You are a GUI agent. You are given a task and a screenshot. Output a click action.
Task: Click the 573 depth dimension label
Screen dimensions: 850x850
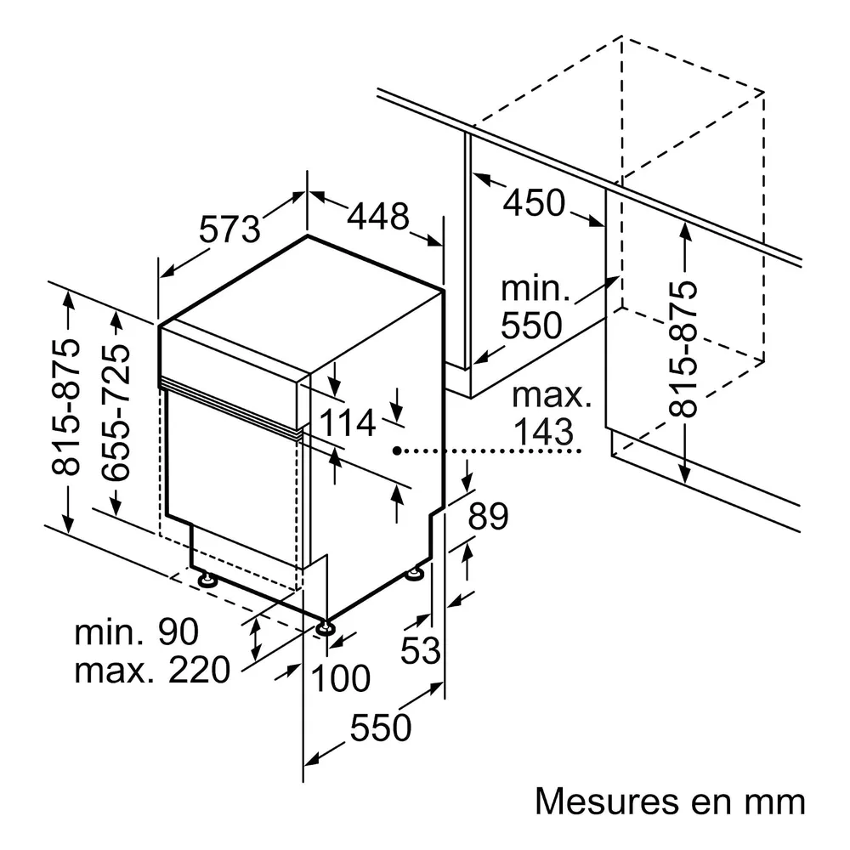(x=229, y=229)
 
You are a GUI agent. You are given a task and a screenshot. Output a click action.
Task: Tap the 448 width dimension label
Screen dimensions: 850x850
(x=378, y=217)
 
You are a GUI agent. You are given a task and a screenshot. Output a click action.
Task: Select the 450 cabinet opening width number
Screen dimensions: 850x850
(x=535, y=203)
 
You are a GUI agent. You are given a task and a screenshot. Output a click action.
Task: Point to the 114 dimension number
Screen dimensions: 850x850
(x=348, y=422)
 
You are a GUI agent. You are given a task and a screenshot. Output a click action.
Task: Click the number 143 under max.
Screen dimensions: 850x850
(x=543, y=432)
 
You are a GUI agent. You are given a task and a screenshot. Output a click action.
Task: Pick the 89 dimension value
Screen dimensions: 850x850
(x=489, y=516)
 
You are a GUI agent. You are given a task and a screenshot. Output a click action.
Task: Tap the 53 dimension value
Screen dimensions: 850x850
(x=420, y=650)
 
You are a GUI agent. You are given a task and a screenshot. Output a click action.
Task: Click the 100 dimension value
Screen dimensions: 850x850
(x=341, y=678)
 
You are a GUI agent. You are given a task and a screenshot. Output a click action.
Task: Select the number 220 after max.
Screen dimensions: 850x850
(x=200, y=671)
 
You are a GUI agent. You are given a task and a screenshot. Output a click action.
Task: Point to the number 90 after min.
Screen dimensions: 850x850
(x=178, y=632)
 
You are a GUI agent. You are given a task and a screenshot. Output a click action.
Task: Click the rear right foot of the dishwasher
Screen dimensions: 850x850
(x=416, y=573)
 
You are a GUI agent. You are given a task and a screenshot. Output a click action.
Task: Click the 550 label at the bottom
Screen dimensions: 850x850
(x=381, y=728)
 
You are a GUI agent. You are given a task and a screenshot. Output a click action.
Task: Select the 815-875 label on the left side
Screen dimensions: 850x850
(x=65, y=406)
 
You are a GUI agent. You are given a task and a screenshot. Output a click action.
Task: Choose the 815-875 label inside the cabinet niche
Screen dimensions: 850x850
(x=682, y=349)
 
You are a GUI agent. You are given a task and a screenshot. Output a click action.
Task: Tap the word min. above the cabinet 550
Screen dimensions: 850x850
(x=535, y=288)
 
